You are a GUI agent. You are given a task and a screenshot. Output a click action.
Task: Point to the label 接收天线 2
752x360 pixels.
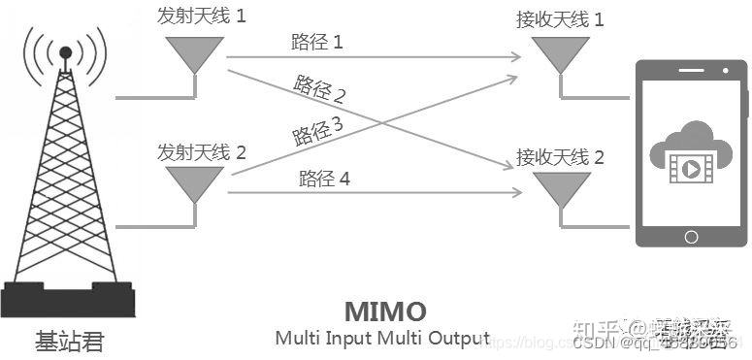tap(560, 156)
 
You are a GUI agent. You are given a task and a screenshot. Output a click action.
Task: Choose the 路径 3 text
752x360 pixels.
tap(315, 130)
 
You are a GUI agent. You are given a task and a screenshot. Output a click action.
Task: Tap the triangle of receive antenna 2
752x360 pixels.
tap(560, 189)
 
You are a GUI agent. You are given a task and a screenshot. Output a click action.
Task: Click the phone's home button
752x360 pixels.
tap(690, 235)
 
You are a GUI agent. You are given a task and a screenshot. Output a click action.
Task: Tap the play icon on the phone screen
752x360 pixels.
tap(690, 168)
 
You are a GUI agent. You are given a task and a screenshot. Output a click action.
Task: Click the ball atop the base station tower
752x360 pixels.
tap(65, 50)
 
